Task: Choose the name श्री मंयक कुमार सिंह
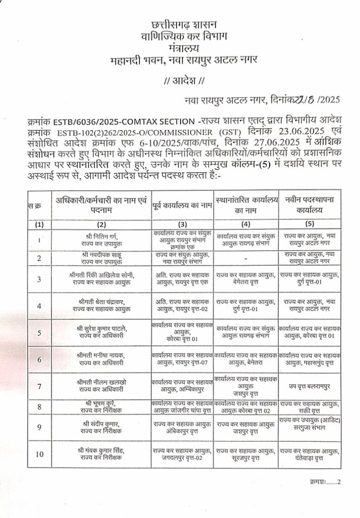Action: [x=102, y=450]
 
